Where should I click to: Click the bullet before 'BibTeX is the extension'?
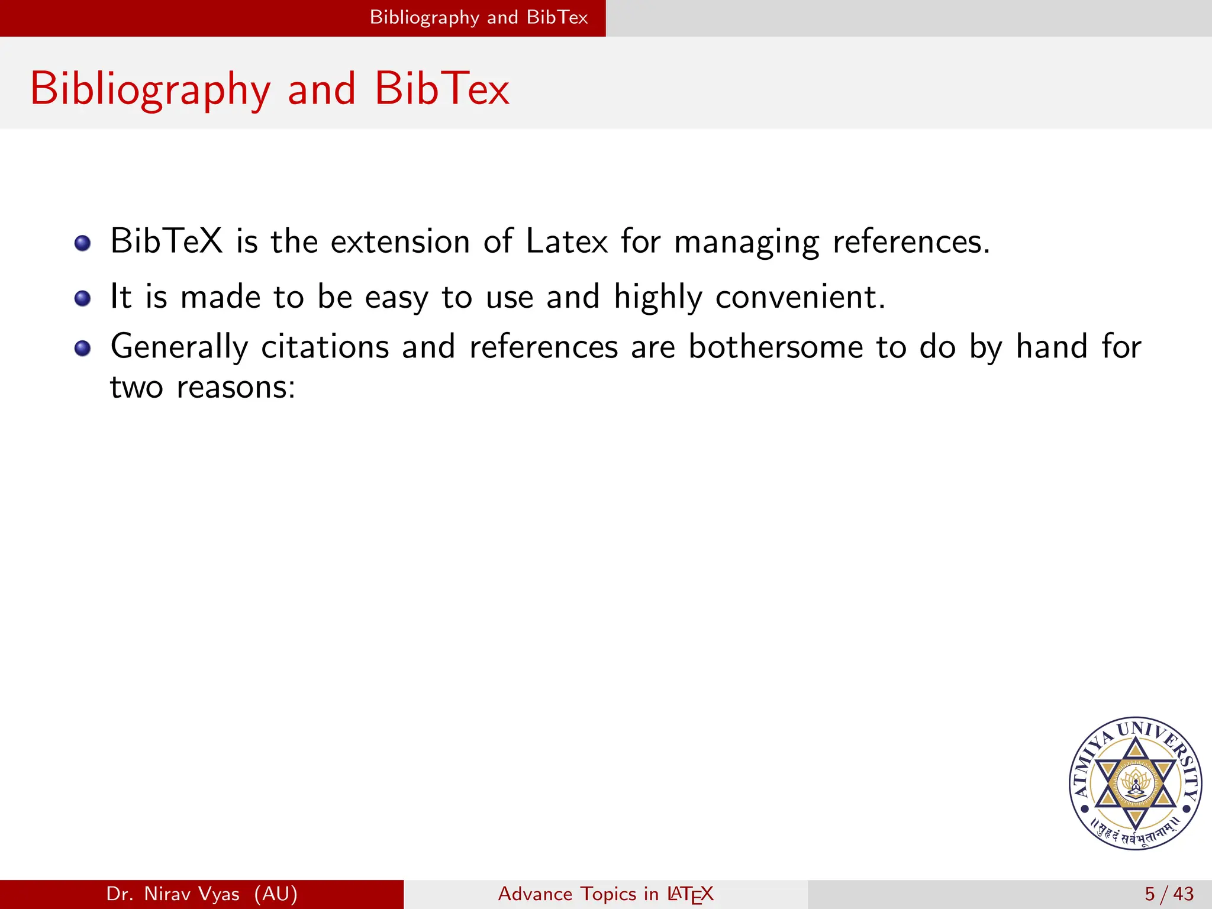(x=83, y=243)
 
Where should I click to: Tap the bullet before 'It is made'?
(x=83, y=298)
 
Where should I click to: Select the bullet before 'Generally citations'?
(x=83, y=348)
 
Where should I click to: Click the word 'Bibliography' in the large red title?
(x=150, y=89)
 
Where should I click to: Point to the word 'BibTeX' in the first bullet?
(x=166, y=241)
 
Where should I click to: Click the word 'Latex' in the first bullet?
(x=566, y=241)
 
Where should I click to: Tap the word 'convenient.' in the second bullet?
(x=800, y=296)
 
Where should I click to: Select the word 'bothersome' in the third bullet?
(x=776, y=347)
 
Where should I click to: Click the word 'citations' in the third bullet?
(x=325, y=347)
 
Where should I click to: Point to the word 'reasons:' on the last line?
(x=236, y=388)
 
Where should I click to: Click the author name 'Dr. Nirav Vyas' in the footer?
(x=173, y=894)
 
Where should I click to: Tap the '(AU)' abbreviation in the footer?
(x=276, y=894)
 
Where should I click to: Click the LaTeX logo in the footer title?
(x=690, y=894)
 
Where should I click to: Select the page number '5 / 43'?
(x=1169, y=894)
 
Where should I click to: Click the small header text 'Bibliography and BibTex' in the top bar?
(x=479, y=17)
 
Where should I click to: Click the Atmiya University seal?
(x=1135, y=783)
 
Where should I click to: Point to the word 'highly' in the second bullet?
(x=657, y=298)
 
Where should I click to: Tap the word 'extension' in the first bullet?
(x=400, y=241)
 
